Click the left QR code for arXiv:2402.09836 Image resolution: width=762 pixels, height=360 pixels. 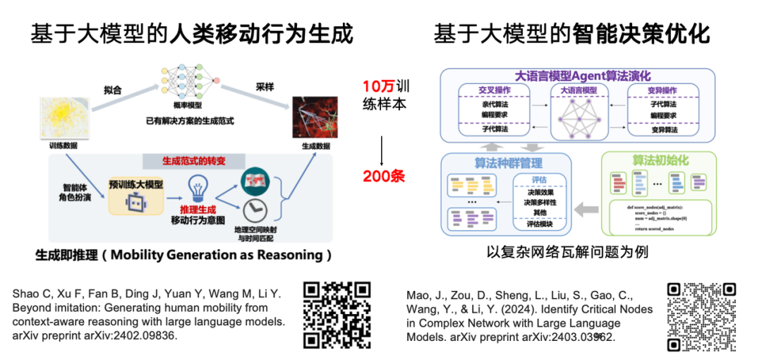[x=337, y=315]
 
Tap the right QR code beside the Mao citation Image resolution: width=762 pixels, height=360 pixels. [x=702, y=317]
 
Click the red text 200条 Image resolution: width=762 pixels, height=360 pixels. [x=384, y=176]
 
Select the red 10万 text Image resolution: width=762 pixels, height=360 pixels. [x=375, y=88]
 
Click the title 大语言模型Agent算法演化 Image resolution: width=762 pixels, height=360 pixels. [x=583, y=76]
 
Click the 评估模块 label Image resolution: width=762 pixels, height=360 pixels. [x=539, y=224]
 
